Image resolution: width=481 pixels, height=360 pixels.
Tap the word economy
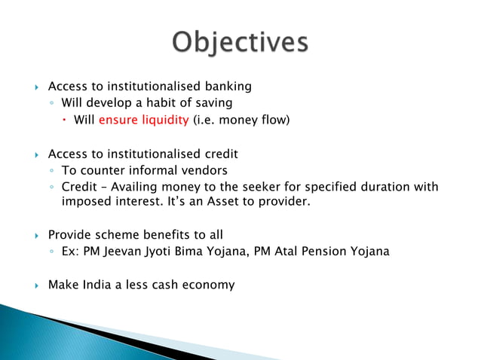click(x=207, y=285)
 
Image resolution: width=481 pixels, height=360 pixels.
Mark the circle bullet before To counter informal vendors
click(x=50, y=171)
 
